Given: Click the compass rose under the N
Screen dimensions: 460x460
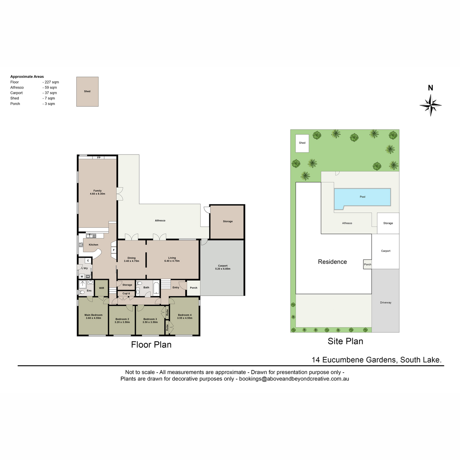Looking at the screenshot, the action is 430,105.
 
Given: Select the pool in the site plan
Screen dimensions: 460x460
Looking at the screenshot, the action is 362,198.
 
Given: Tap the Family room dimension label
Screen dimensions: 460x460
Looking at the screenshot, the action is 97,194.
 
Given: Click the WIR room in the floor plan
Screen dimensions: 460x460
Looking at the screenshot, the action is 102,288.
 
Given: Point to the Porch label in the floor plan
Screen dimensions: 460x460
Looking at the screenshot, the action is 193,287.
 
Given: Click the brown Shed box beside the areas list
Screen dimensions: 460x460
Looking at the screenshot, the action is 87,92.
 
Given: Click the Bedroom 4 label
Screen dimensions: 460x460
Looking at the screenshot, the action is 185,315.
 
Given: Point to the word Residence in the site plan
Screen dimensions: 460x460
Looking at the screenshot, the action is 332,262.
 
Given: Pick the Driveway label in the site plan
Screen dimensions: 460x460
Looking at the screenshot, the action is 386,302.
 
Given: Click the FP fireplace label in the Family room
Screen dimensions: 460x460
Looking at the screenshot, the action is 99,158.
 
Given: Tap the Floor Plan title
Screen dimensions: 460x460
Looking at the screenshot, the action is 151,345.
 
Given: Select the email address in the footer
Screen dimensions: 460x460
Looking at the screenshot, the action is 294,379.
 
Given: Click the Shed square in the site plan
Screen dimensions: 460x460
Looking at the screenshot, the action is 302,143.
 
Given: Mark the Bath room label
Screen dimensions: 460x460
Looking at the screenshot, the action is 146,287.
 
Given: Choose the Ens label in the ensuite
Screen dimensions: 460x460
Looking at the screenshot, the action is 89,291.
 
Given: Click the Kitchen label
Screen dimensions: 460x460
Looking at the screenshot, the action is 93,245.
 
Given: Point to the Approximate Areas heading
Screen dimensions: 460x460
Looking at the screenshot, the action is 27,77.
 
